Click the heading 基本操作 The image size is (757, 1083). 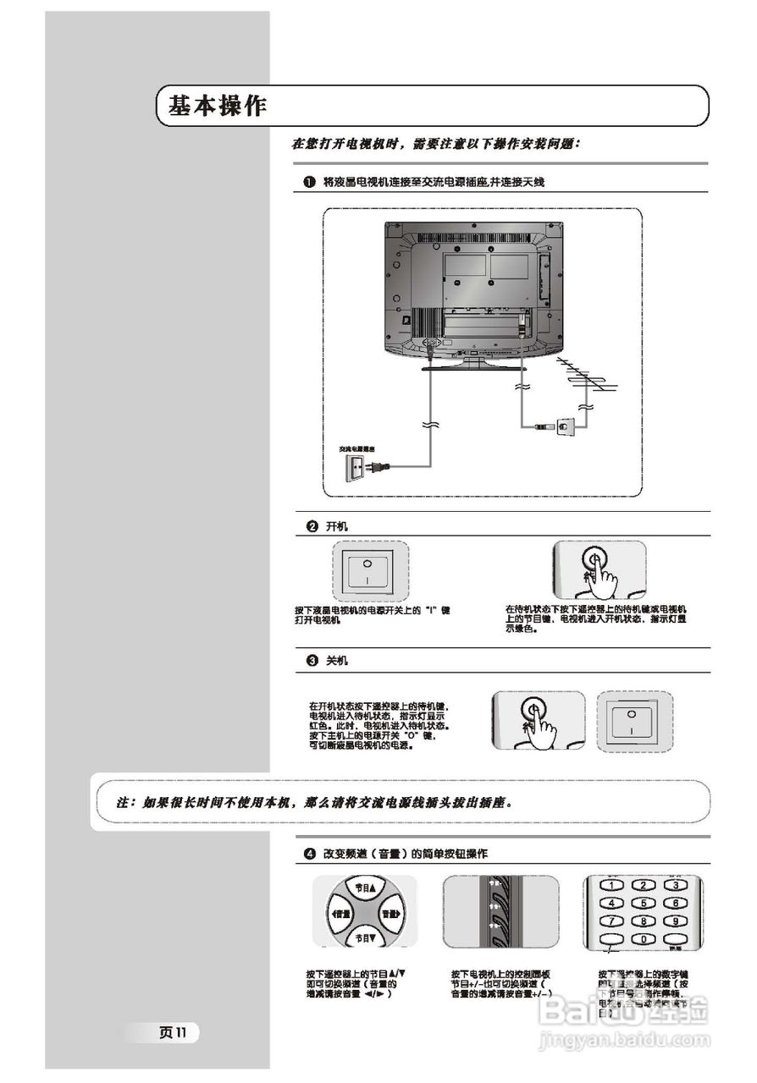[x=218, y=107]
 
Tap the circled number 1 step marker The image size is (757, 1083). [x=310, y=182]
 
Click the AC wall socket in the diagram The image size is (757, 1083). [x=356, y=466]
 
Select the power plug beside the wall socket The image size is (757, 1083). [x=379, y=465]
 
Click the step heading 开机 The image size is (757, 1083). [x=336, y=526]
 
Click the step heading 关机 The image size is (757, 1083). [x=336, y=660]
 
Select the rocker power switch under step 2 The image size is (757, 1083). [x=367, y=571]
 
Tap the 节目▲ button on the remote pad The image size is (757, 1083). [x=364, y=888]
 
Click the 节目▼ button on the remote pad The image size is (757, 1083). [x=364, y=938]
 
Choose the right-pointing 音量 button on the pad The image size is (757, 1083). [x=390, y=914]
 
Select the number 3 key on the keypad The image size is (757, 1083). [x=676, y=885]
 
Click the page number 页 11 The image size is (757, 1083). [x=177, y=1031]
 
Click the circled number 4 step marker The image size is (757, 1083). [x=310, y=854]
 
